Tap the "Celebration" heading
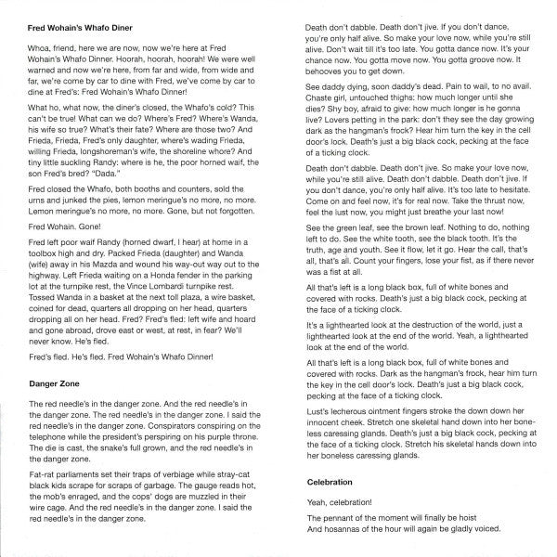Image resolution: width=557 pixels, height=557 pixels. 333,484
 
